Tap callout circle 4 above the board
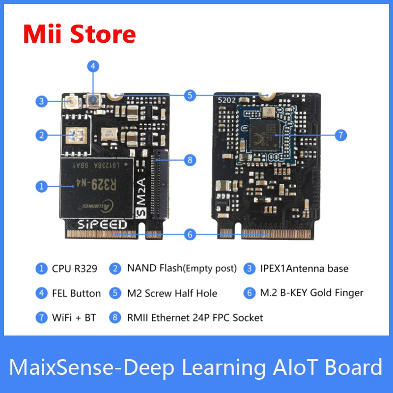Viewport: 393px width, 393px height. click(93, 66)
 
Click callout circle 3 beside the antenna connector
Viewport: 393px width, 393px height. click(42, 102)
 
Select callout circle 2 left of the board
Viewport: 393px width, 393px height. click(42, 134)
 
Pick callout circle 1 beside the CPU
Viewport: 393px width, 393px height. click(42, 186)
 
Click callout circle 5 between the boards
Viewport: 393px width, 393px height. click(190, 95)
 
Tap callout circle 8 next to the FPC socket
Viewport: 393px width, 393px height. click(190, 160)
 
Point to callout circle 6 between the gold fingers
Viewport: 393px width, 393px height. click(190, 234)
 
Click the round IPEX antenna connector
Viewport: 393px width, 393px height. click(72, 103)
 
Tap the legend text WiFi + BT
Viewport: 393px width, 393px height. click(74, 318)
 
